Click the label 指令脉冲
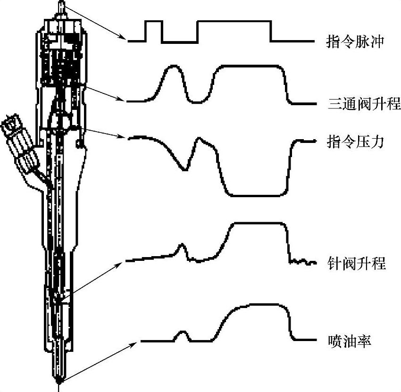357,42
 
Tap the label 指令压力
357,141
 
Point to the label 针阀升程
357,263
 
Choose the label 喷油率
349,340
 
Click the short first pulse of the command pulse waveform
154,22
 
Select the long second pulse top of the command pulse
234,22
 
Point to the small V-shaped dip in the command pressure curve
186,167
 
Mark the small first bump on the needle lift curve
181,246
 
